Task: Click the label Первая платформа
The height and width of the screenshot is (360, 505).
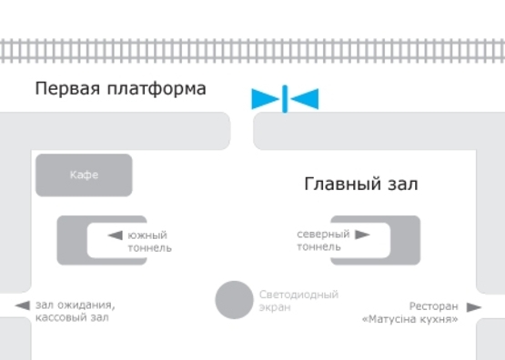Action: tap(120, 89)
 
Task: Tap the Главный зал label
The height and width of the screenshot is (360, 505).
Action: tap(360, 185)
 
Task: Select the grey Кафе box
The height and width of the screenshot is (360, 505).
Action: tap(84, 175)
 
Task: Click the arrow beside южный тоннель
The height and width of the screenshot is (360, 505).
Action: tap(115, 235)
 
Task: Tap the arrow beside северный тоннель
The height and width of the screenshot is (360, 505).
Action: tap(362, 235)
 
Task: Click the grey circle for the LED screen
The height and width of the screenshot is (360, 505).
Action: tap(234, 300)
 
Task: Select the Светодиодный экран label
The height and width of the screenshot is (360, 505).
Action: tap(298, 301)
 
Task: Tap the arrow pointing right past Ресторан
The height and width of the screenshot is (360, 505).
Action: tap(473, 307)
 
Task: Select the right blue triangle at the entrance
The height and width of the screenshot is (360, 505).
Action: tap(305, 98)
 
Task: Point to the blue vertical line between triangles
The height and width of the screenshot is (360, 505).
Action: tap(286, 98)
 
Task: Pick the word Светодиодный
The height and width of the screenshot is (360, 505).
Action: tap(298, 295)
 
